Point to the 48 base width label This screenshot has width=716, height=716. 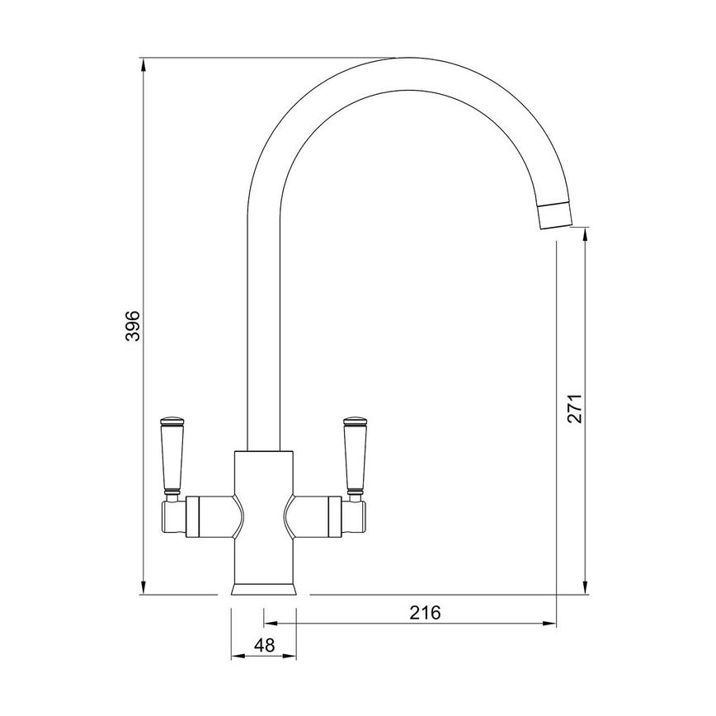pyautogui.click(x=264, y=646)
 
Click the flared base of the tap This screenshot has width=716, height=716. pyautogui.click(x=263, y=589)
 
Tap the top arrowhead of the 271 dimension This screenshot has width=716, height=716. pyautogui.click(x=585, y=236)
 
